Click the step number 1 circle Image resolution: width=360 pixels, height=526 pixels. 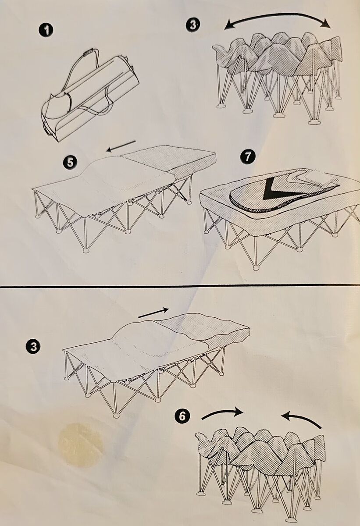point(46,31)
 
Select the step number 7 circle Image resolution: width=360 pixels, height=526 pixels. point(248,156)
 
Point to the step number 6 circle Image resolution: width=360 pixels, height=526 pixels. point(182,417)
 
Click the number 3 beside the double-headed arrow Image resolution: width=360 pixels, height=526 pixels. point(193,25)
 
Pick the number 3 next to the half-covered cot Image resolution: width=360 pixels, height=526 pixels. point(34,347)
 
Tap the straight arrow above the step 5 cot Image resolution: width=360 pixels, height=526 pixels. point(121,146)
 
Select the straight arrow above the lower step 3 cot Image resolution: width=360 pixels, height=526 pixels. point(153,313)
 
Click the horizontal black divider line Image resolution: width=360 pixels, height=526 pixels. point(180,286)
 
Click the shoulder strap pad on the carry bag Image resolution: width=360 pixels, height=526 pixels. point(88,52)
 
